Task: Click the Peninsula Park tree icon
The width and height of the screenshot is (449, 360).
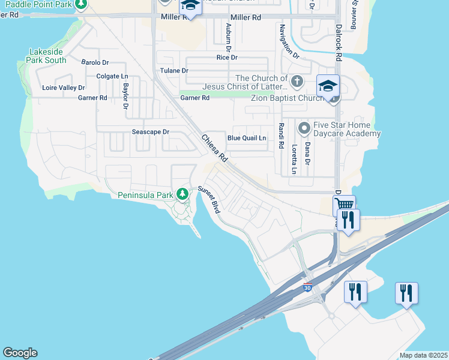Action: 183,193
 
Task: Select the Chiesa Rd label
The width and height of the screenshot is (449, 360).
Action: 214,148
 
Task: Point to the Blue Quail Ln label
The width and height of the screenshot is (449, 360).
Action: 246,138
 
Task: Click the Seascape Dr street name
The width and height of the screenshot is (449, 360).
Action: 151,132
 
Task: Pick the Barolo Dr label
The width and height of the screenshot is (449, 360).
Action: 95,62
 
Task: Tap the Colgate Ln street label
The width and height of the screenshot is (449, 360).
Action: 112,77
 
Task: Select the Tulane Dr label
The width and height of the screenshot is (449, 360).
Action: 174,71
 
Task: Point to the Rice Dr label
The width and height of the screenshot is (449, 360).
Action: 227,58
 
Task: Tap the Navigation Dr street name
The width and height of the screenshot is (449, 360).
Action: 289,42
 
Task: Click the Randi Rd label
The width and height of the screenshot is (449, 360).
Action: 280,136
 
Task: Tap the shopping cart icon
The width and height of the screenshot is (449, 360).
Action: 344,205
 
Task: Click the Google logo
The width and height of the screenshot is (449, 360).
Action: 20,353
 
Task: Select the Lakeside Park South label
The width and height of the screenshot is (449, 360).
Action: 47,56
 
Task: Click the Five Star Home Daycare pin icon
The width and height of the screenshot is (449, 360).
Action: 304,127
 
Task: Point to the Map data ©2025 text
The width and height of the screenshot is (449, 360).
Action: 423,355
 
